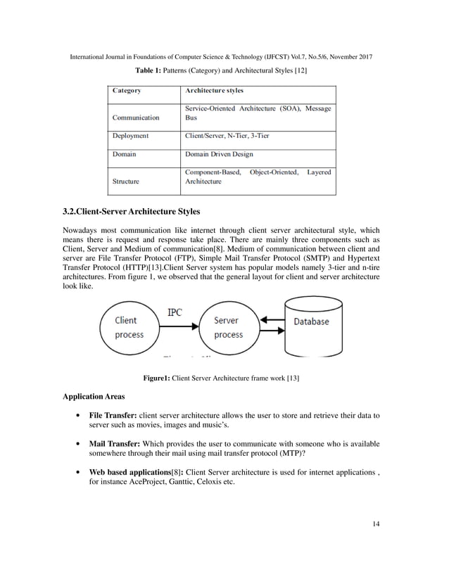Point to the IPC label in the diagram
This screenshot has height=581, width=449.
point(175,312)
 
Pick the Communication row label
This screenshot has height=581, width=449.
point(137,117)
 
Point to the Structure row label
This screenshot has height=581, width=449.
point(127,181)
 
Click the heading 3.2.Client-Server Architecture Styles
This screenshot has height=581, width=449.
point(132,211)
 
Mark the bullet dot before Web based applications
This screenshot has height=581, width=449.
point(77,473)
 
